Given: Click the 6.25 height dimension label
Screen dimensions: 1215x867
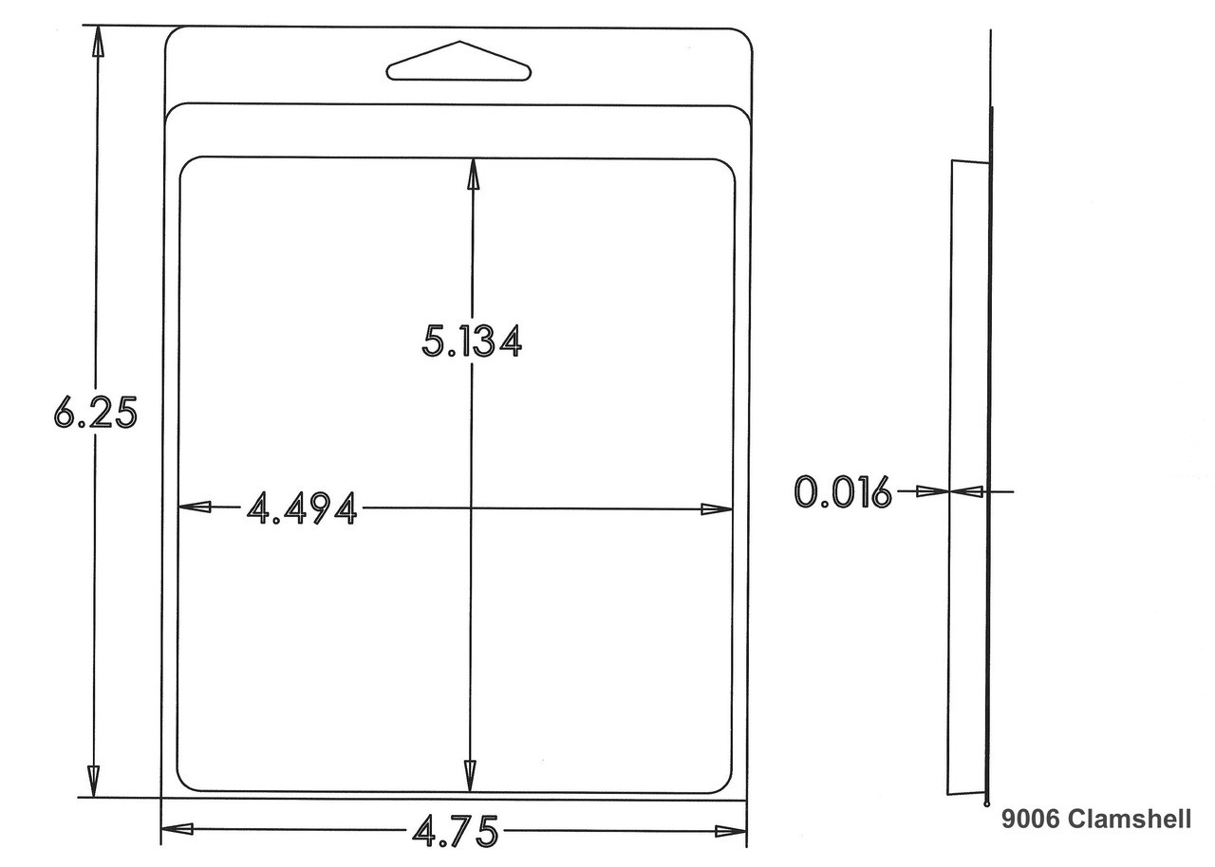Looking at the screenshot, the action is pos(96,413).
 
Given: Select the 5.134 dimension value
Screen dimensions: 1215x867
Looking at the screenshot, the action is pos(472,341).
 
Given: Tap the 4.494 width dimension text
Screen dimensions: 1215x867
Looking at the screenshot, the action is pos(302,508).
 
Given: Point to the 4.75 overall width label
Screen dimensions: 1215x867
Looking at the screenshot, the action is pos(456,831).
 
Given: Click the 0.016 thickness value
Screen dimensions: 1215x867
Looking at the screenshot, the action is pos(843,492).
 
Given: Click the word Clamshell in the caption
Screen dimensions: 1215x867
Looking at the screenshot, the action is pos(1130,819).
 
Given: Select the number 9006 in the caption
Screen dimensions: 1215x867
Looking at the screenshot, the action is pos(1030,819).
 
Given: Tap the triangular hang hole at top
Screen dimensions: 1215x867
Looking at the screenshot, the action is pos(458,62).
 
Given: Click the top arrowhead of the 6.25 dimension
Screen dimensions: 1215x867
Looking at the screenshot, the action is pos(98,40).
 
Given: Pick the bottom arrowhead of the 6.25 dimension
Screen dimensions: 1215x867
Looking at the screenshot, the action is pos(93,782).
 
